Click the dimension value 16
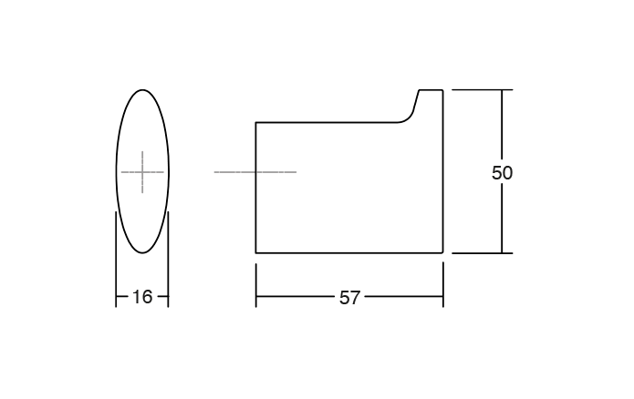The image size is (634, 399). pyautogui.click(x=141, y=297)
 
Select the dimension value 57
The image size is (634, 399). pyautogui.click(x=349, y=298)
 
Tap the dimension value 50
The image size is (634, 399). pyautogui.click(x=502, y=173)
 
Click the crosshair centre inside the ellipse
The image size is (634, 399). pyautogui.click(x=142, y=172)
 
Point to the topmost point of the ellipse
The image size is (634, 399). pyautogui.click(x=142, y=89)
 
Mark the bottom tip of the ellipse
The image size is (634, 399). pyautogui.click(x=142, y=254)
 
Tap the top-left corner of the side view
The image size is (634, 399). pyautogui.click(x=256, y=121)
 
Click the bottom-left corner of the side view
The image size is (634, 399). pyautogui.click(x=256, y=252)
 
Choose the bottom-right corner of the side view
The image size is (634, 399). pyautogui.click(x=442, y=252)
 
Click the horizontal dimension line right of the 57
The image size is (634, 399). pyautogui.click(x=401, y=298)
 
